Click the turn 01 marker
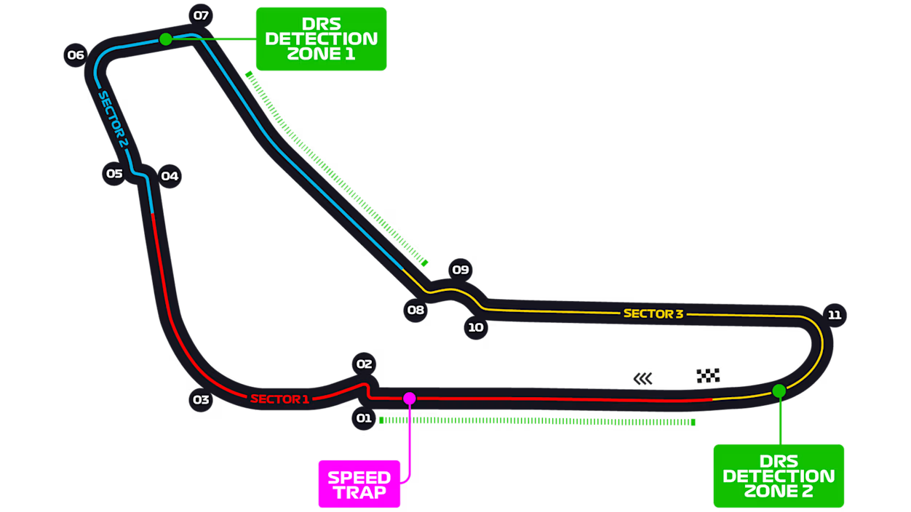click(364, 418)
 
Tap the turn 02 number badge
click(364, 364)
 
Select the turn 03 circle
click(201, 400)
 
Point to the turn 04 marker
click(170, 176)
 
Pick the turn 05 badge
click(114, 174)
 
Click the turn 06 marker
click(76, 55)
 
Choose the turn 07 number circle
click(201, 15)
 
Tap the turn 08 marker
click(415, 310)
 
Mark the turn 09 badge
click(461, 270)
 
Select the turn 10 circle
click(476, 327)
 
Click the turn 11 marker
click(835, 315)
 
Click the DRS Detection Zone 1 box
click(322, 39)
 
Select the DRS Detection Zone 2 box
click(779, 476)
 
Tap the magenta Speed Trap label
click(359, 484)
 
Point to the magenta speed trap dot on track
click(410, 399)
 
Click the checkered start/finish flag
click(708, 375)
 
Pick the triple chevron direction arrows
click(643, 379)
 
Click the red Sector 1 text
click(280, 399)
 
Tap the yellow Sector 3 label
click(653, 313)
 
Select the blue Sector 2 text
click(114, 119)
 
